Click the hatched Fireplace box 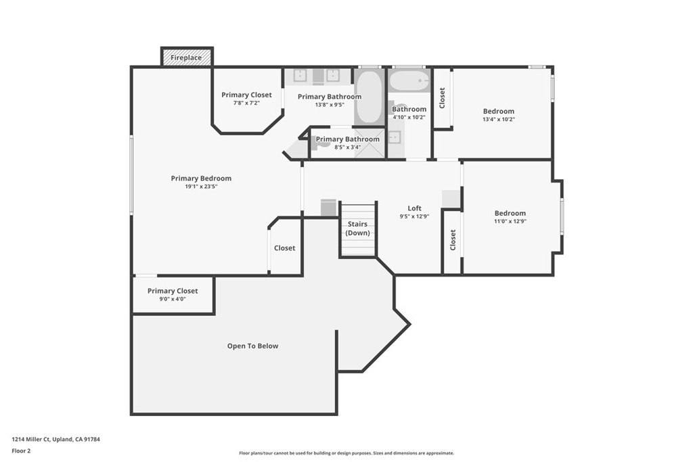pyautogui.click(x=186, y=57)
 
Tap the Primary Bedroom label pyautogui.click(x=201, y=179)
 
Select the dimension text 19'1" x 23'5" pyautogui.click(x=201, y=187)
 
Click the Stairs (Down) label pyautogui.click(x=358, y=229)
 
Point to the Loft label pyautogui.click(x=414, y=208)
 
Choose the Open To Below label pyautogui.click(x=252, y=346)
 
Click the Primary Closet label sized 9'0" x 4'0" pyautogui.click(x=173, y=291)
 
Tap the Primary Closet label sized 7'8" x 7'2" pyautogui.click(x=246, y=95)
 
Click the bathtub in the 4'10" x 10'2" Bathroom pyautogui.click(x=409, y=82)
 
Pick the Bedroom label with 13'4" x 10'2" pyautogui.click(x=498, y=111)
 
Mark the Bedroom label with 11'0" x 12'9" pyautogui.click(x=510, y=213)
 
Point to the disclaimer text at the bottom pyautogui.click(x=346, y=453)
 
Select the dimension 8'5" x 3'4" pyautogui.click(x=347, y=147)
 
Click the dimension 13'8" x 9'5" pyautogui.click(x=330, y=105)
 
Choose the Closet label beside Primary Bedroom pyautogui.click(x=284, y=248)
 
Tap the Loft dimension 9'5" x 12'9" pyautogui.click(x=414, y=216)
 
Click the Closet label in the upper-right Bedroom pyautogui.click(x=443, y=98)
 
